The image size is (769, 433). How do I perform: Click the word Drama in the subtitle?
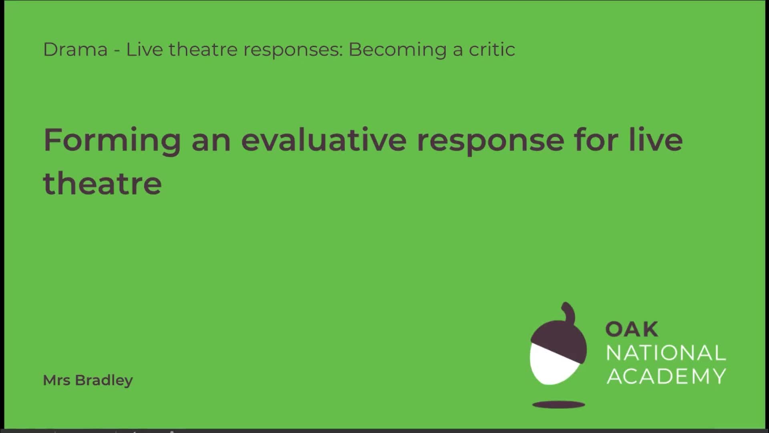[75, 50]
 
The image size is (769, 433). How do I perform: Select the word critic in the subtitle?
[492, 50]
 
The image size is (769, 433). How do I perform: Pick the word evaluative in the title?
[324, 140]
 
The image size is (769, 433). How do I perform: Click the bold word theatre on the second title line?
[103, 184]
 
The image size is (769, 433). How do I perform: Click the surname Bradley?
[104, 380]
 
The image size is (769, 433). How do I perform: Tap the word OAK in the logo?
[631, 330]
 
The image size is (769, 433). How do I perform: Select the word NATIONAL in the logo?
[666, 353]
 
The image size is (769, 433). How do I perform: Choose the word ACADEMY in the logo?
[666, 376]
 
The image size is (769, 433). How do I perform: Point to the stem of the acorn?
[568, 311]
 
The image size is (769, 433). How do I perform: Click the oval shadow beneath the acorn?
[558, 405]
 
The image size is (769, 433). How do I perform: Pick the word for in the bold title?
[596, 140]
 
